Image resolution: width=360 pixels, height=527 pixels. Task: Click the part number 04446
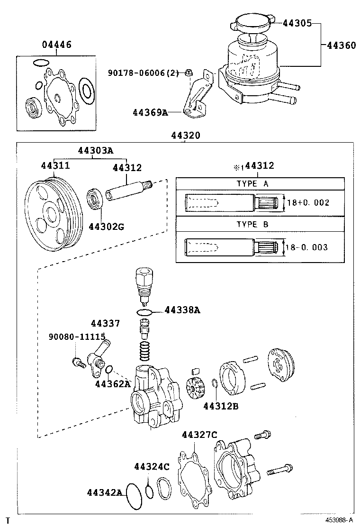pyautogui.click(x=57, y=45)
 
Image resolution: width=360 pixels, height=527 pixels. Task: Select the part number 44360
pyautogui.click(x=341, y=45)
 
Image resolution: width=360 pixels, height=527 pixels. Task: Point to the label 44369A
pyautogui.click(x=150, y=112)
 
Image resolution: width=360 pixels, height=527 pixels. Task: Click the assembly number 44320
pyautogui.click(x=185, y=136)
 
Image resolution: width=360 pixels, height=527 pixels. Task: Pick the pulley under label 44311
pyautogui.click(x=53, y=214)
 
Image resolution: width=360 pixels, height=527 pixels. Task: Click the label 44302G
pyautogui.click(x=107, y=227)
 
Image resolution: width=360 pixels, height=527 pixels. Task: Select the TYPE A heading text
pyautogui.click(x=252, y=184)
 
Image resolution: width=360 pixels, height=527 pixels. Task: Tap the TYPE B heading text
pyautogui.click(x=252, y=225)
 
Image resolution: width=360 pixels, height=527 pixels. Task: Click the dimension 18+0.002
pyautogui.click(x=308, y=203)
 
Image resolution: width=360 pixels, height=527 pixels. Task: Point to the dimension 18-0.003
pyautogui.click(x=306, y=247)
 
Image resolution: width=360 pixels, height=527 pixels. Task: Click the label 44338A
pyautogui.click(x=182, y=310)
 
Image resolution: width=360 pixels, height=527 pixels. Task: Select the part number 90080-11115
pyautogui.click(x=77, y=337)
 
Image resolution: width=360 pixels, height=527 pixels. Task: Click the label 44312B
pyautogui.click(x=221, y=406)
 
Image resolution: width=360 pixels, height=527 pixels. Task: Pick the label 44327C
pyautogui.click(x=199, y=435)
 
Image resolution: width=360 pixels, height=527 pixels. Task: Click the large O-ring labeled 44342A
pyautogui.click(x=134, y=497)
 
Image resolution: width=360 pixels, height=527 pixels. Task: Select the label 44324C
pyautogui.click(x=152, y=466)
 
